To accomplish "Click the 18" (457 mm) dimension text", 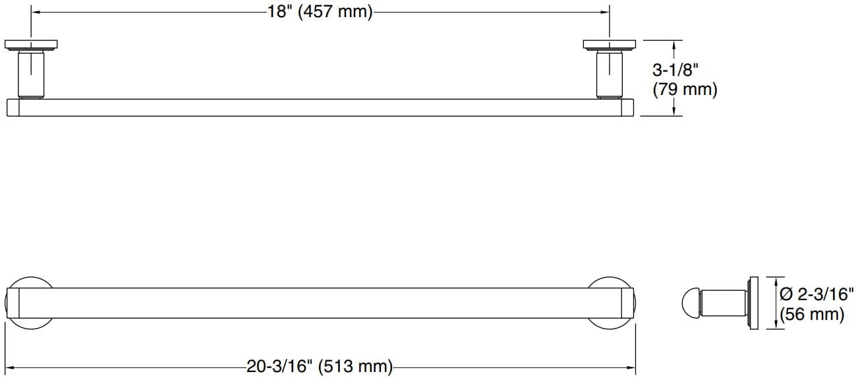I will pos(320,12).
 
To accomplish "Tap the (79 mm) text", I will pos(685,90).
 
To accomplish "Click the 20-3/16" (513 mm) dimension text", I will pos(320,366).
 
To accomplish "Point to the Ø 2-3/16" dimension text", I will pos(816,294).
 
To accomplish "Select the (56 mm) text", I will pos(811,314).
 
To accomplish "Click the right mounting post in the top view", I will pos(609,75).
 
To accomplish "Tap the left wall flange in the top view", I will pos(30,45).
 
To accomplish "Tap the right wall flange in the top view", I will pos(609,45).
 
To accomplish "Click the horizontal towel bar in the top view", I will pos(320,108).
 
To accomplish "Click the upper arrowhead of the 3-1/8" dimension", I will pos(673,44).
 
